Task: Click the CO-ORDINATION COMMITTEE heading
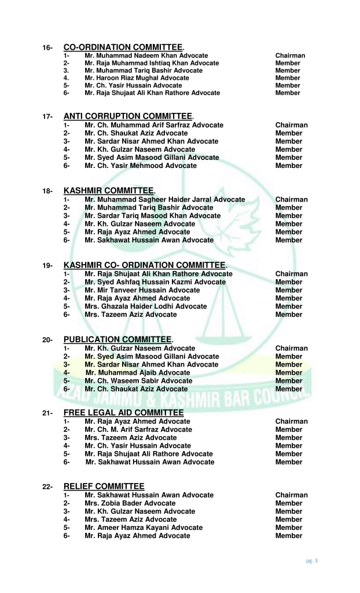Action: click(123, 47)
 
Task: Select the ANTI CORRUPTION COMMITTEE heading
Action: click(128, 116)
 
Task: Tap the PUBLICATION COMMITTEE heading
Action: click(117, 339)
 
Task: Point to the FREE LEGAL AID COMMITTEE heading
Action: click(123, 412)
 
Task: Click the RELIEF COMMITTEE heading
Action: click(104, 486)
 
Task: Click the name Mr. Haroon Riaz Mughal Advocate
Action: click(137, 78)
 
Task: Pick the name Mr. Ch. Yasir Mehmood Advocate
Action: click(140, 166)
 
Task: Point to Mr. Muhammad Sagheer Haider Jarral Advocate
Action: click(164, 200)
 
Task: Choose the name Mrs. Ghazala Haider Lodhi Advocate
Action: click(145, 306)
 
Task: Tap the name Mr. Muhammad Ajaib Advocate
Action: click(138, 373)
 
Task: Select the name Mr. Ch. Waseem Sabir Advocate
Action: click(138, 381)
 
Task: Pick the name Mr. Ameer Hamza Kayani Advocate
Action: click(144, 528)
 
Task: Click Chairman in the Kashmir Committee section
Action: click(292, 200)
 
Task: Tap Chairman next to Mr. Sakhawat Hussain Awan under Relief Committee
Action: click(292, 495)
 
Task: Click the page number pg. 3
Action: click(312, 561)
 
